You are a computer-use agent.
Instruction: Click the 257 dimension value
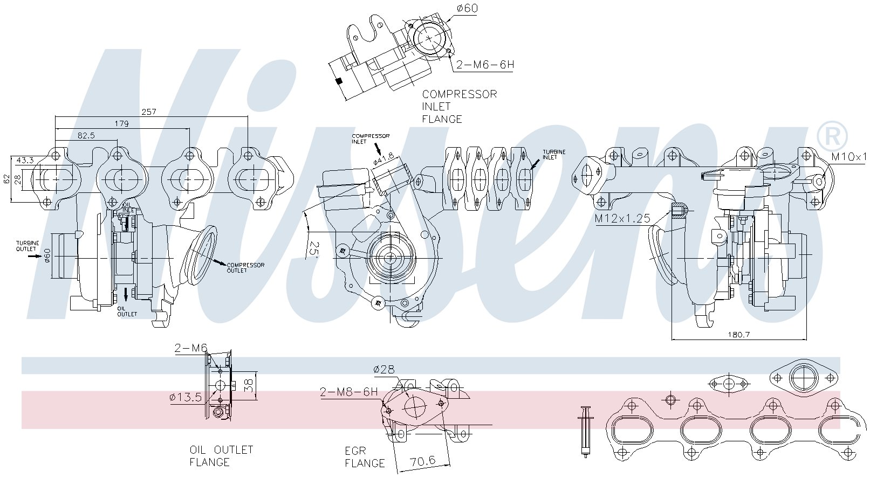148,112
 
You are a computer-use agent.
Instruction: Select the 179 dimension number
122,123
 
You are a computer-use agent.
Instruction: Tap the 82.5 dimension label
86,136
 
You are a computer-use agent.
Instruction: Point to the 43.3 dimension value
25,160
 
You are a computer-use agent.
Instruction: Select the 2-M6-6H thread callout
485,65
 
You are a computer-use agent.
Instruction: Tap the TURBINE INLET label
554,155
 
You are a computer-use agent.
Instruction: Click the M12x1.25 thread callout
622,219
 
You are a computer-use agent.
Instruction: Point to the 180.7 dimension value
739,334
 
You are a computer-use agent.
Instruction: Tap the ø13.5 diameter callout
185,398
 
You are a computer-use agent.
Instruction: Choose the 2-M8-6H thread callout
348,392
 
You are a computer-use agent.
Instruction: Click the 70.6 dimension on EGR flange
422,461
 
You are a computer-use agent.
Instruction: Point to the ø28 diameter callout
383,370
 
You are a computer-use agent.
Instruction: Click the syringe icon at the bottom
585,431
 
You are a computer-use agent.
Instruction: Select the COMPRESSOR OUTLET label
245,268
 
